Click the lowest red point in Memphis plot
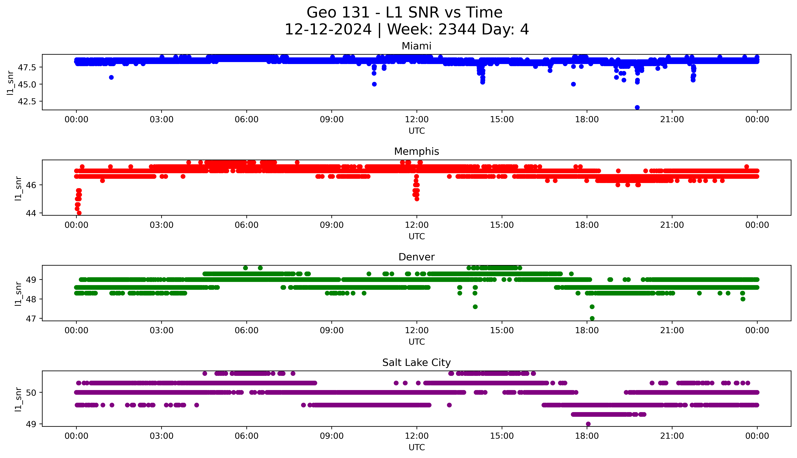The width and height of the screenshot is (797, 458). pyautogui.click(x=79, y=213)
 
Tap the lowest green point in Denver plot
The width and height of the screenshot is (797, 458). pyautogui.click(x=592, y=318)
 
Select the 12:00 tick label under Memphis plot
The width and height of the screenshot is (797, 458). pyautogui.click(x=417, y=225)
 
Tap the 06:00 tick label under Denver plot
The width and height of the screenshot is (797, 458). pyautogui.click(x=247, y=330)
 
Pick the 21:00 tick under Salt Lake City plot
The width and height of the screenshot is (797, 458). pyautogui.click(x=672, y=436)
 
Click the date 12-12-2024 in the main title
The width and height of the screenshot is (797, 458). pyautogui.click(x=328, y=30)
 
